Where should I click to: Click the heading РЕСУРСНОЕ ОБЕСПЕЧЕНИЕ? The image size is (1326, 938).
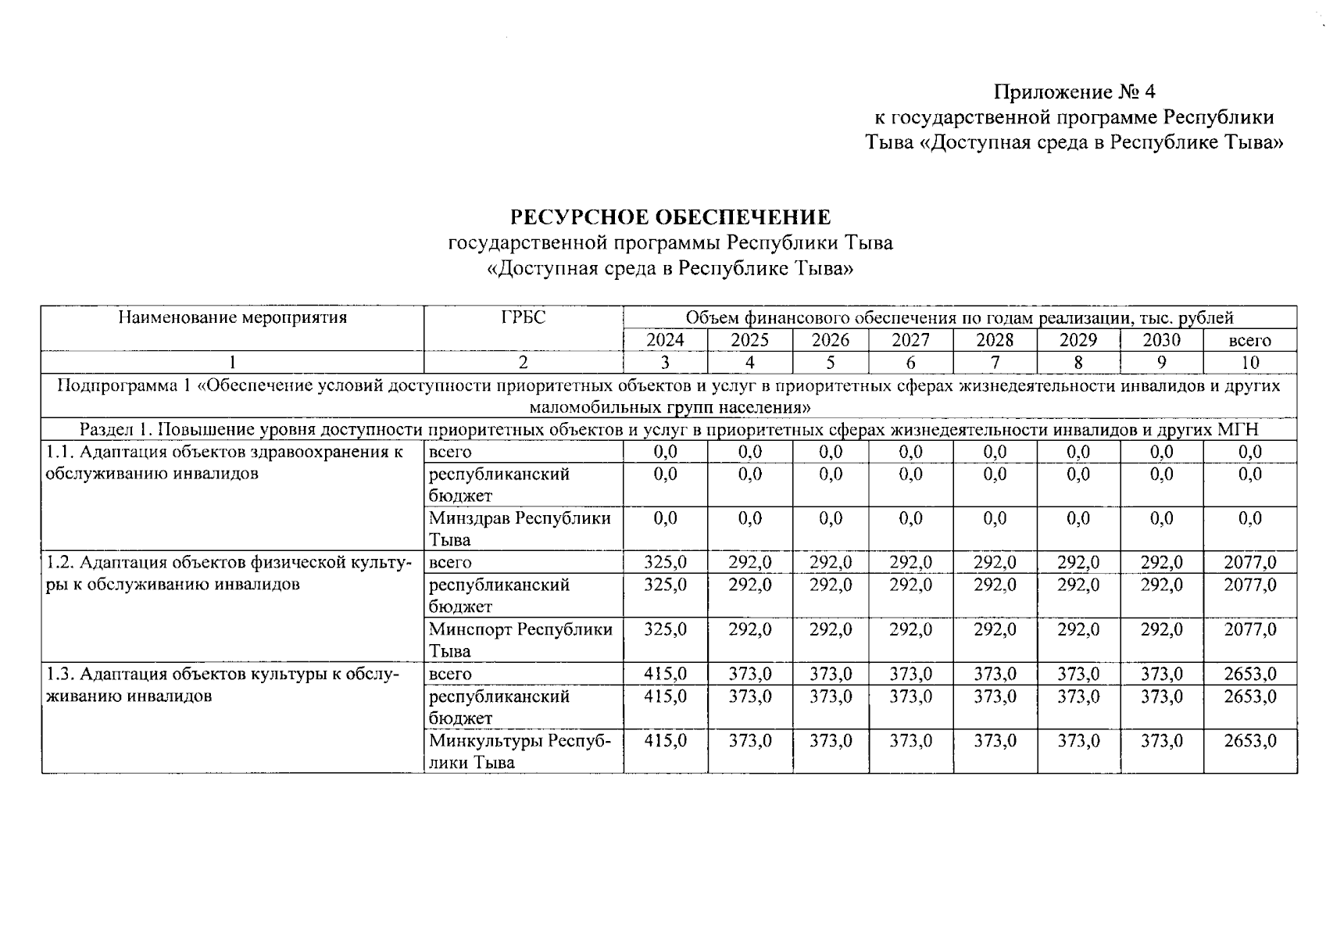click(x=670, y=217)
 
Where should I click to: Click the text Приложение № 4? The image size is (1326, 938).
click(x=1074, y=92)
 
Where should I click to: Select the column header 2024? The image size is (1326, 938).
click(x=665, y=340)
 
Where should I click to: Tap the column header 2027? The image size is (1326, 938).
click(x=910, y=340)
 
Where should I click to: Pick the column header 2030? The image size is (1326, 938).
click(x=1161, y=340)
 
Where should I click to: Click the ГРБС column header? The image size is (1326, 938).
click(x=523, y=317)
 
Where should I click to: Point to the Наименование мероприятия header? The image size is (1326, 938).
click(x=232, y=317)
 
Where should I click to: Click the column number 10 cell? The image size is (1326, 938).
click(x=1249, y=362)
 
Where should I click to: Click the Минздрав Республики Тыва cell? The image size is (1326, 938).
click(x=520, y=528)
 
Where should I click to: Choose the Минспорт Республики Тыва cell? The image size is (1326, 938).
click(x=520, y=639)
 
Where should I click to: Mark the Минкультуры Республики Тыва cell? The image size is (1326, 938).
click(x=520, y=750)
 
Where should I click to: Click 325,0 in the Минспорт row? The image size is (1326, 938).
click(x=665, y=629)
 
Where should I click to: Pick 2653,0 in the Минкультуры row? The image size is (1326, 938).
click(x=1249, y=740)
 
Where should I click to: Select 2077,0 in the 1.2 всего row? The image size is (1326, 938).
click(x=1249, y=562)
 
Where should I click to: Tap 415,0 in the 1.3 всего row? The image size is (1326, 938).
click(x=665, y=674)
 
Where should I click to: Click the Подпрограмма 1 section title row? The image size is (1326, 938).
click(x=670, y=396)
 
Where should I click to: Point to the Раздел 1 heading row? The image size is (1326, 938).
click(x=670, y=430)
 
